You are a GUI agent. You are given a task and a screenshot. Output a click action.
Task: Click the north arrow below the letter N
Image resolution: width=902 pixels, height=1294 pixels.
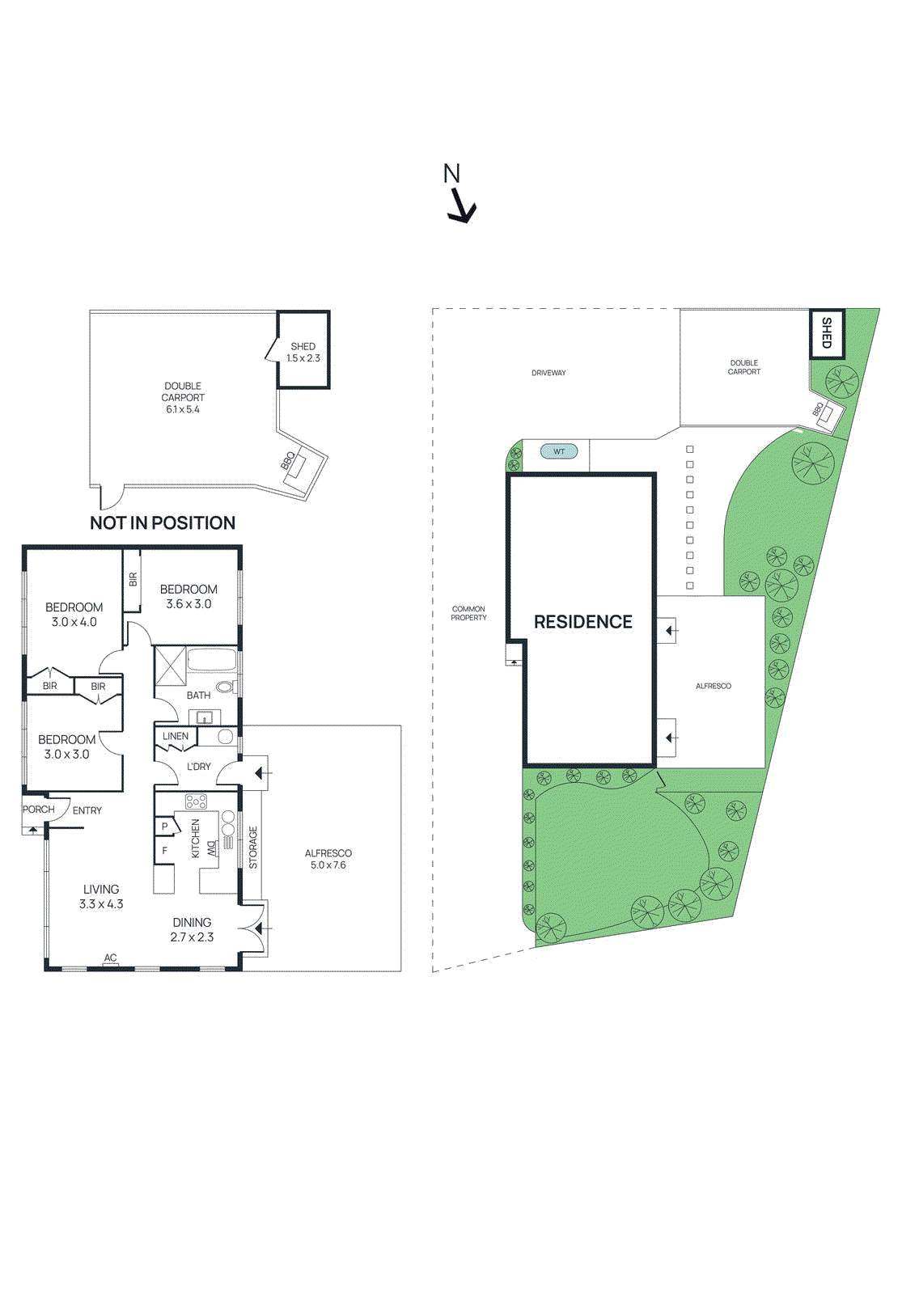462,205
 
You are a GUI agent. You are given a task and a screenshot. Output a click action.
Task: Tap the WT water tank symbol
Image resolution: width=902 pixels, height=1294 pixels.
559,451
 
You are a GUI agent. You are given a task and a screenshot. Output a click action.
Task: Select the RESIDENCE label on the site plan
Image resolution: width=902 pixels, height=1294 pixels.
583,622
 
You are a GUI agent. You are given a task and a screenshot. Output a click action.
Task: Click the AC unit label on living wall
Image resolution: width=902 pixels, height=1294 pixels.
111,958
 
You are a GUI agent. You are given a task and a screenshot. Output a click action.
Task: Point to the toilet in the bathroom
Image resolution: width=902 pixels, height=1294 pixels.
225,687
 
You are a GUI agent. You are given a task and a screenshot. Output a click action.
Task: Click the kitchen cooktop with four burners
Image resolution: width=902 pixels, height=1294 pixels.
196,801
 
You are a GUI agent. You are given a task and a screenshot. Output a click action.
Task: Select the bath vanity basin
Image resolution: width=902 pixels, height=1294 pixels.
205,717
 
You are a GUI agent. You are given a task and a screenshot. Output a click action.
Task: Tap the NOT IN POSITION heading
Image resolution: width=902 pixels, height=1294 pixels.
163,523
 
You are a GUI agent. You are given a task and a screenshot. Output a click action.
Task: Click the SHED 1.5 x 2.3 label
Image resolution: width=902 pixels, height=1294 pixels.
303,353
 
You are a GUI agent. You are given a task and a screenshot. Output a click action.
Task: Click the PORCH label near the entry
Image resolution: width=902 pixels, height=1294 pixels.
38,810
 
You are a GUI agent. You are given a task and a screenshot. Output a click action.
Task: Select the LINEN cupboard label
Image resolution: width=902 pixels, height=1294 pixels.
176,737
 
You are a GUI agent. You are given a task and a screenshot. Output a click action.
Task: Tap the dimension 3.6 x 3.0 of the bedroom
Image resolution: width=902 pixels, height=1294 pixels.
188,604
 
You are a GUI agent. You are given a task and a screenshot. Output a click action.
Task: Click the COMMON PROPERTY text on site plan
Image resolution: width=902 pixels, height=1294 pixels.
469,613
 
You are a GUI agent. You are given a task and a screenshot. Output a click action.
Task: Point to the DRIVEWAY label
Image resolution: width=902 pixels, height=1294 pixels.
548,373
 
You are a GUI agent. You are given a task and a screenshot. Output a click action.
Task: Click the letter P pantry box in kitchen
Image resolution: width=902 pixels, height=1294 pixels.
165,827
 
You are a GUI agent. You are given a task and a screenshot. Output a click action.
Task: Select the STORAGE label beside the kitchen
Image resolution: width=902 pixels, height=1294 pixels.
253,848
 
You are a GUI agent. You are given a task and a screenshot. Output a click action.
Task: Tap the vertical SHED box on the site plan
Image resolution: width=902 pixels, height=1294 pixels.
827,333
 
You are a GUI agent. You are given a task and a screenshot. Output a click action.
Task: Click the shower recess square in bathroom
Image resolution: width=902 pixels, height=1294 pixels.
171,666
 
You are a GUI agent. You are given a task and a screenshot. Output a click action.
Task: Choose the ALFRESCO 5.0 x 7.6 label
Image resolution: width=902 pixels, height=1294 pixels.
328,859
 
